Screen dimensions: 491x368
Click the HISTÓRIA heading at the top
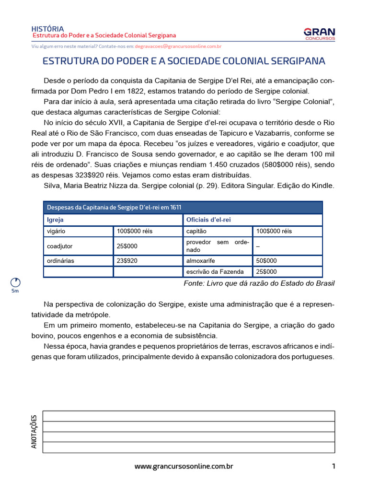tap(47, 29)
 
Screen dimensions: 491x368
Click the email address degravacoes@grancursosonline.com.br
tap(178, 47)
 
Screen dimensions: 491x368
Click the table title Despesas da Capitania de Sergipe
tap(114, 207)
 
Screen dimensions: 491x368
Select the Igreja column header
tap(55, 220)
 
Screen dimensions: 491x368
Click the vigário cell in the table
tap(56, 231)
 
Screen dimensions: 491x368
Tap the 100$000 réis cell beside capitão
tap(274, 231)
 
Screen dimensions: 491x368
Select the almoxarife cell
tap(201, 261)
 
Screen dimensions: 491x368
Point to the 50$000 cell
tap(267, 261)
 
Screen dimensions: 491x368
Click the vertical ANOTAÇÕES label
tap(34, 432)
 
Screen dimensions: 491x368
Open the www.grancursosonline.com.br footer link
tap(184, 466)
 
